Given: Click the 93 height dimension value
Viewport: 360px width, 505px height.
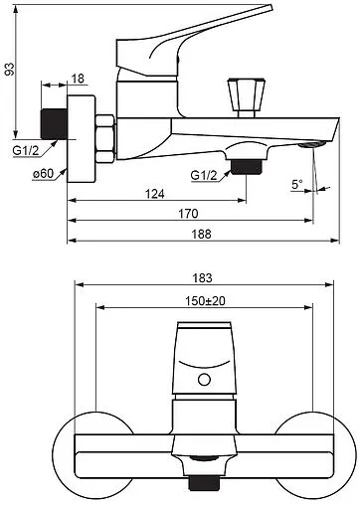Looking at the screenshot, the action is coord(10,69).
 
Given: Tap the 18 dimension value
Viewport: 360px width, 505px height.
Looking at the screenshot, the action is coord(78,79).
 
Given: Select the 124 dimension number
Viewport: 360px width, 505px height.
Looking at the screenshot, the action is coord(155,194).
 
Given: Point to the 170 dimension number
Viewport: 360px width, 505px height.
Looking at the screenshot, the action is coord(188,214).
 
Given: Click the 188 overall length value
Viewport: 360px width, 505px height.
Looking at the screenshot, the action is coord(201,234).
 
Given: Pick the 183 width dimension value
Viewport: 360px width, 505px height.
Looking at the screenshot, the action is coord(202,277).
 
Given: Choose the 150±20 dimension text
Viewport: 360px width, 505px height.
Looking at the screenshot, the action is coord(205,301).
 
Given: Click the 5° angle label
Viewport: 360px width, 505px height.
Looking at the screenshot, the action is coord(297,184).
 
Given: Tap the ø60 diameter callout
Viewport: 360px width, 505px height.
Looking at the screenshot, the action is coord(43,173).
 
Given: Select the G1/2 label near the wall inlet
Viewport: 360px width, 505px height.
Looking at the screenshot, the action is coord(26,150).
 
